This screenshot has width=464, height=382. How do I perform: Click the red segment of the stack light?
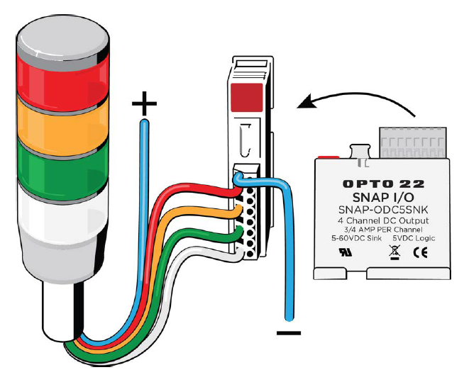pos(62,82)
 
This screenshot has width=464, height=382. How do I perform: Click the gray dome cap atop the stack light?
pos(62,38)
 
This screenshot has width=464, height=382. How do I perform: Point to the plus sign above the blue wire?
pos(144,103)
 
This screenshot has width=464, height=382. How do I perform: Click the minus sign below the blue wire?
pos(289,333)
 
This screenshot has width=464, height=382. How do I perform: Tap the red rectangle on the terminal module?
pos(246,97)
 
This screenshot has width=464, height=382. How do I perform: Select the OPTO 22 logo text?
pos(384,184)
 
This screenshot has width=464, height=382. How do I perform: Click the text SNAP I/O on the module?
pos(383,197)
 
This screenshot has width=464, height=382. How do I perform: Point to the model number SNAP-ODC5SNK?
pos(383,210)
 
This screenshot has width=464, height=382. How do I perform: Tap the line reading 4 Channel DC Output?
pos(383,220)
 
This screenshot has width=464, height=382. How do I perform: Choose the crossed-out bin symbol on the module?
pos(394,252)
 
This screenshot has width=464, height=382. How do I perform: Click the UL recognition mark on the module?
pos(346,252)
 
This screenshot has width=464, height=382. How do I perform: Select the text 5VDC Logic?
pos(414,238)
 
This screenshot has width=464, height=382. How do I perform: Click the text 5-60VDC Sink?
pos(357,238)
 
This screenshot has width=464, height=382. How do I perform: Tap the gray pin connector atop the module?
pos(413,142)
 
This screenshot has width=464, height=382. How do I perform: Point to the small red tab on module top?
pos(328,157)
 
